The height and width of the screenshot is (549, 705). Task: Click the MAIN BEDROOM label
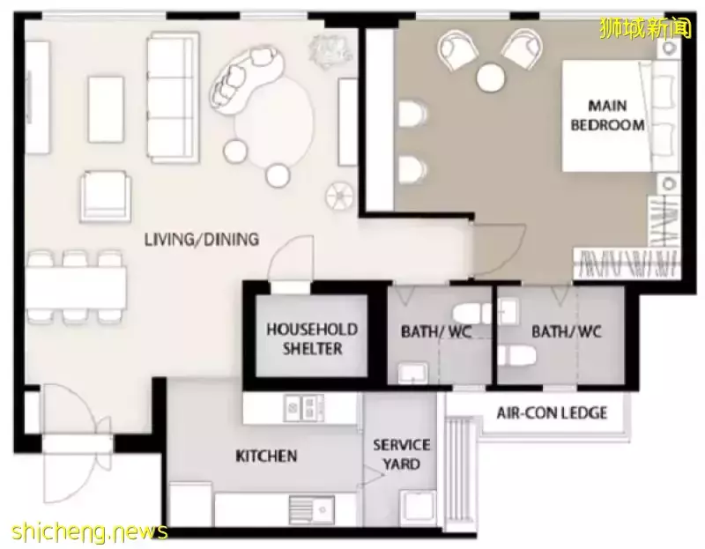[607, 115]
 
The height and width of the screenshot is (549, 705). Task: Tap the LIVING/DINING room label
[202, 239]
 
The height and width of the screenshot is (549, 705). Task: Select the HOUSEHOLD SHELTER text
[312, 338]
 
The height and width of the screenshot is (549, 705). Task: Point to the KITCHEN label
[266, 456]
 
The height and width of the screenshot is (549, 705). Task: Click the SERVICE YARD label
[402, 454]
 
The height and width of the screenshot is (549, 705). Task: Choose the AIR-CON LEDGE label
[552, 412]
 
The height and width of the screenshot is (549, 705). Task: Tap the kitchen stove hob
[303, 408]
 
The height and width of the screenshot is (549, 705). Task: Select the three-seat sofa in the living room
[173, 97]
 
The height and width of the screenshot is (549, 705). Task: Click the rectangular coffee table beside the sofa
[106, 109]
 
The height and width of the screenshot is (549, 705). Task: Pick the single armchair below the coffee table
[106, 197]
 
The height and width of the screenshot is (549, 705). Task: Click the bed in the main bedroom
[620, 116]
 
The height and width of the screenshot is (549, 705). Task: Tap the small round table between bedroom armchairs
[491, 78]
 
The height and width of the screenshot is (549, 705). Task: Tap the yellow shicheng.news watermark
[90, 532]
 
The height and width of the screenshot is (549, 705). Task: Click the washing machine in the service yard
[418, 508]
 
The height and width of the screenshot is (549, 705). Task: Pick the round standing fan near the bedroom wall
[339, 196]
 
